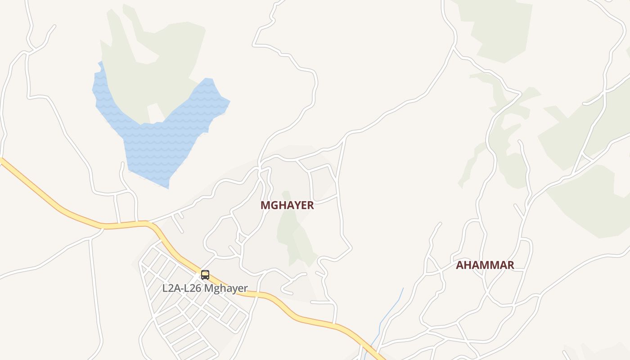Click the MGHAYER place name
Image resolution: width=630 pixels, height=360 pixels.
click(x=287, y=205)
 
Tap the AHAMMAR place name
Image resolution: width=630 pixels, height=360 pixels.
click(x=485, y=265)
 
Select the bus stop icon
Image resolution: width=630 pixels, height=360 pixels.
click(x=205, y=274)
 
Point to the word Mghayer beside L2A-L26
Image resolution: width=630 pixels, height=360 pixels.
click(x=226, y=288)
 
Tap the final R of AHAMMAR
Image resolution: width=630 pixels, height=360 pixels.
click(x=510, y=265)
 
